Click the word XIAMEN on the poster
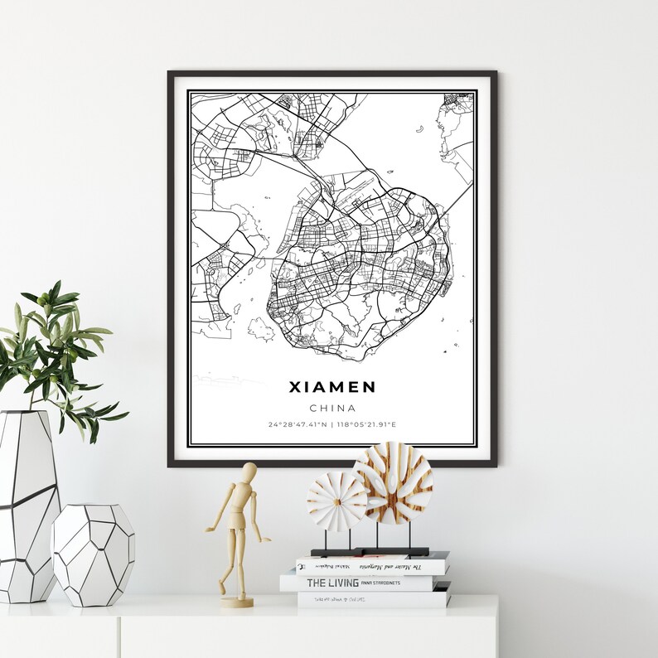point(332,387)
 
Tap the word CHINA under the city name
point(332,408)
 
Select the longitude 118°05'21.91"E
point(366,425)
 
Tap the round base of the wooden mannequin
point(237,602)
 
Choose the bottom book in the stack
point(373,598)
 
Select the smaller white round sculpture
point(336,501)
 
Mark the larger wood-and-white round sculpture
point(393,482)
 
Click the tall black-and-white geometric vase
point(27,506)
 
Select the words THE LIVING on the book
point(334,583)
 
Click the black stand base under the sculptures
point(370,552)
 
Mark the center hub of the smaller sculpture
point(336,501)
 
